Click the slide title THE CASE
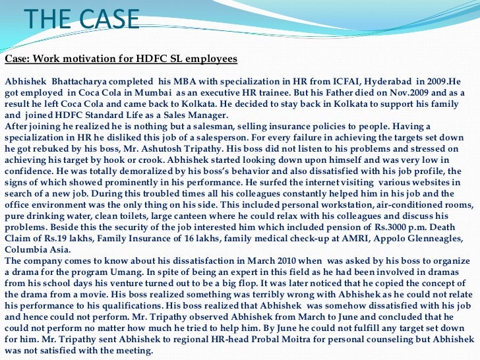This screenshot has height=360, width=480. (x=82, y=19)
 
